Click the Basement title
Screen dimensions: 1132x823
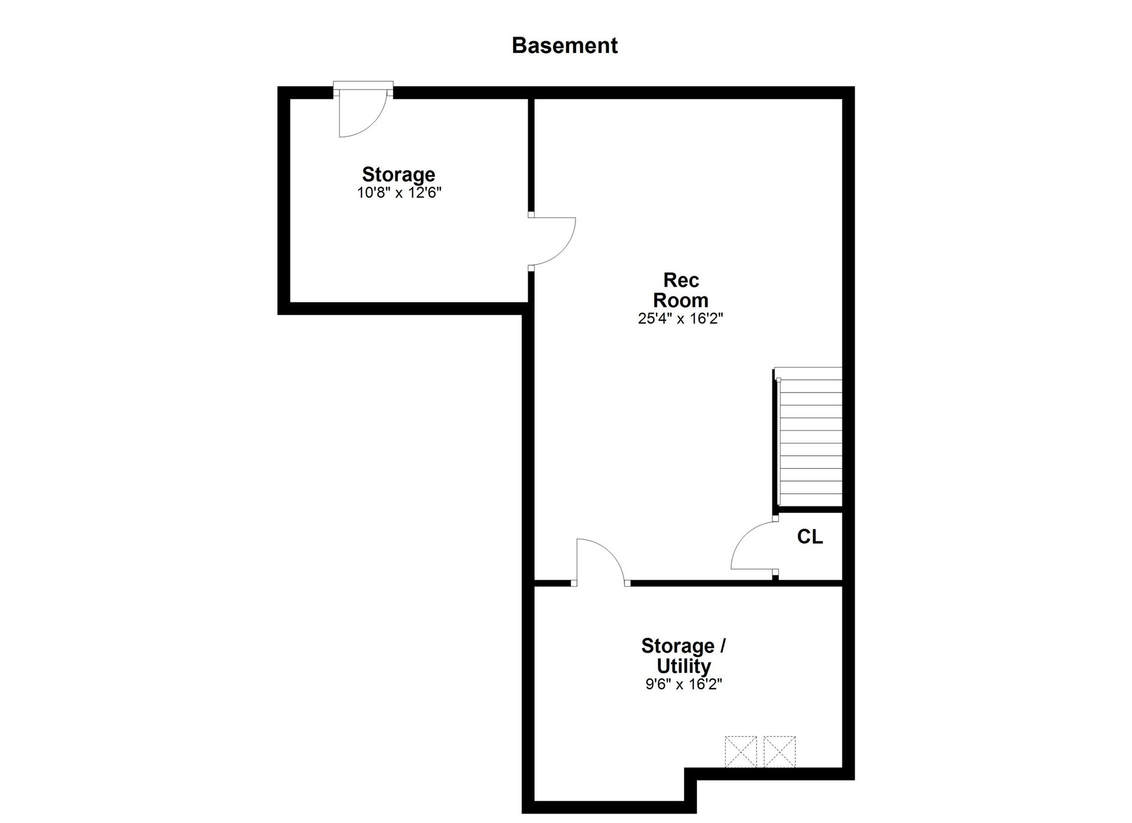coord(564,45)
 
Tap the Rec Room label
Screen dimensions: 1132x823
coord(680,289)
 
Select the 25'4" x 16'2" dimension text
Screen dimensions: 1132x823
coord(680,319)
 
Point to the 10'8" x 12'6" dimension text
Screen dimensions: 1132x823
coord(399,193)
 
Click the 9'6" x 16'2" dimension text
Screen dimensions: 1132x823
coord(683,684)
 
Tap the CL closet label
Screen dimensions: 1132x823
coord(809,536)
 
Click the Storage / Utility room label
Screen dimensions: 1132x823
coord(683,656)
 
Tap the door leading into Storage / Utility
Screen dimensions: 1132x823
coord(600,562)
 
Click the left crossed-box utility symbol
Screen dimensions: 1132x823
coord(741,752)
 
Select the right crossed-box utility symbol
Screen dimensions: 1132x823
coord(779,752)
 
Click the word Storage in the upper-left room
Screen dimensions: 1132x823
coord(399,175)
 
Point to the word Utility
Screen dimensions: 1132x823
coord(683,666)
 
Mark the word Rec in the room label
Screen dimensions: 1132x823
coord(681,279)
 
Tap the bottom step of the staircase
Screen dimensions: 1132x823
coord(811,501)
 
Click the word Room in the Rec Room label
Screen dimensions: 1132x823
coord(680,300)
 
